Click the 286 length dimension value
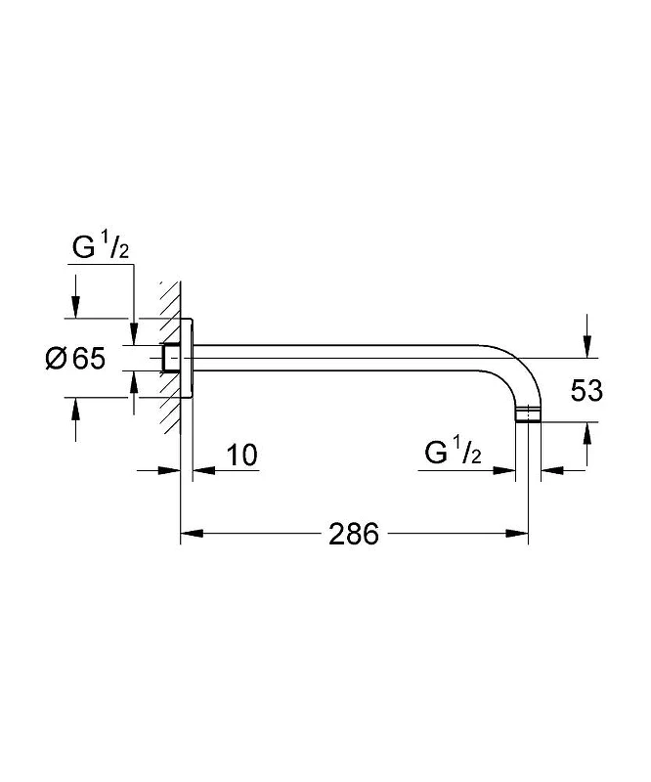[354, 534]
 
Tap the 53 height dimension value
[586, 390]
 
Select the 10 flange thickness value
[242, 455]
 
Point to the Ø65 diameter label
[76, 359]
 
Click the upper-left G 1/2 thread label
[101, 247]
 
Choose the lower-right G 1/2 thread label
[453, 452]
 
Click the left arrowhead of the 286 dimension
[192, 533]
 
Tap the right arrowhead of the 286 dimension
[517, 533]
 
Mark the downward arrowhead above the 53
[587, 346]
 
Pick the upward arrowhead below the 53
[587, 433]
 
